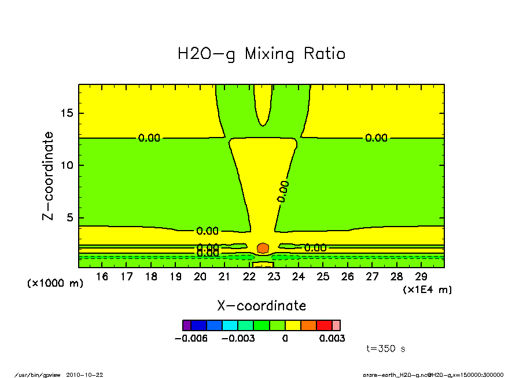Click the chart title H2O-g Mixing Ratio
[x=261, y=54]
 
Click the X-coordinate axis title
[x=261, y=306]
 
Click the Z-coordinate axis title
[x=49, y=176]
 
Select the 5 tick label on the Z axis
[x=71, y=218]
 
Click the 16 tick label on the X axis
[x=102, y=277]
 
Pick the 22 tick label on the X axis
[x=249, y=277]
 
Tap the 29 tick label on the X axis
[x=421, y=277]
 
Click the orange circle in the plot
[x=263, y=248]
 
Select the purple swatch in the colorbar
[x=186, y=325]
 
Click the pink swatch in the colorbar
[x=336, y=325]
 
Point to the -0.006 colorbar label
[x=191, y=338]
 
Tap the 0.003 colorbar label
[x=332, y=338]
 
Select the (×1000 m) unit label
[x=56, y=284]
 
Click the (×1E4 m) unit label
[x=428, y=290]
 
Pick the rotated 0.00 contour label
[x=283, y=191]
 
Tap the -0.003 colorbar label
[x=238, y=338]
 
